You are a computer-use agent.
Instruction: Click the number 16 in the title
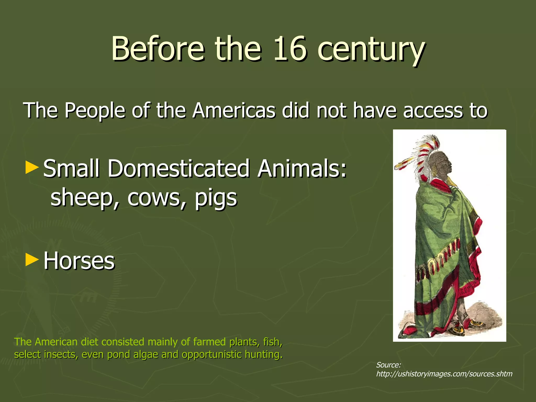click(289, 48)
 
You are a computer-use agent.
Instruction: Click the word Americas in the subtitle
click(234, 110)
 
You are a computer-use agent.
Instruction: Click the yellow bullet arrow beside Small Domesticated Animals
click(32, 168)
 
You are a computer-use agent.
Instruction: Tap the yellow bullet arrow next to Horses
click(32, 260)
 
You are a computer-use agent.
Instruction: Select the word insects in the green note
click(60, 354)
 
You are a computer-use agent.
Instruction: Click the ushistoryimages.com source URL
click(444, 374)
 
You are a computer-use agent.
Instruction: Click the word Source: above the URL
click(388, 365)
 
